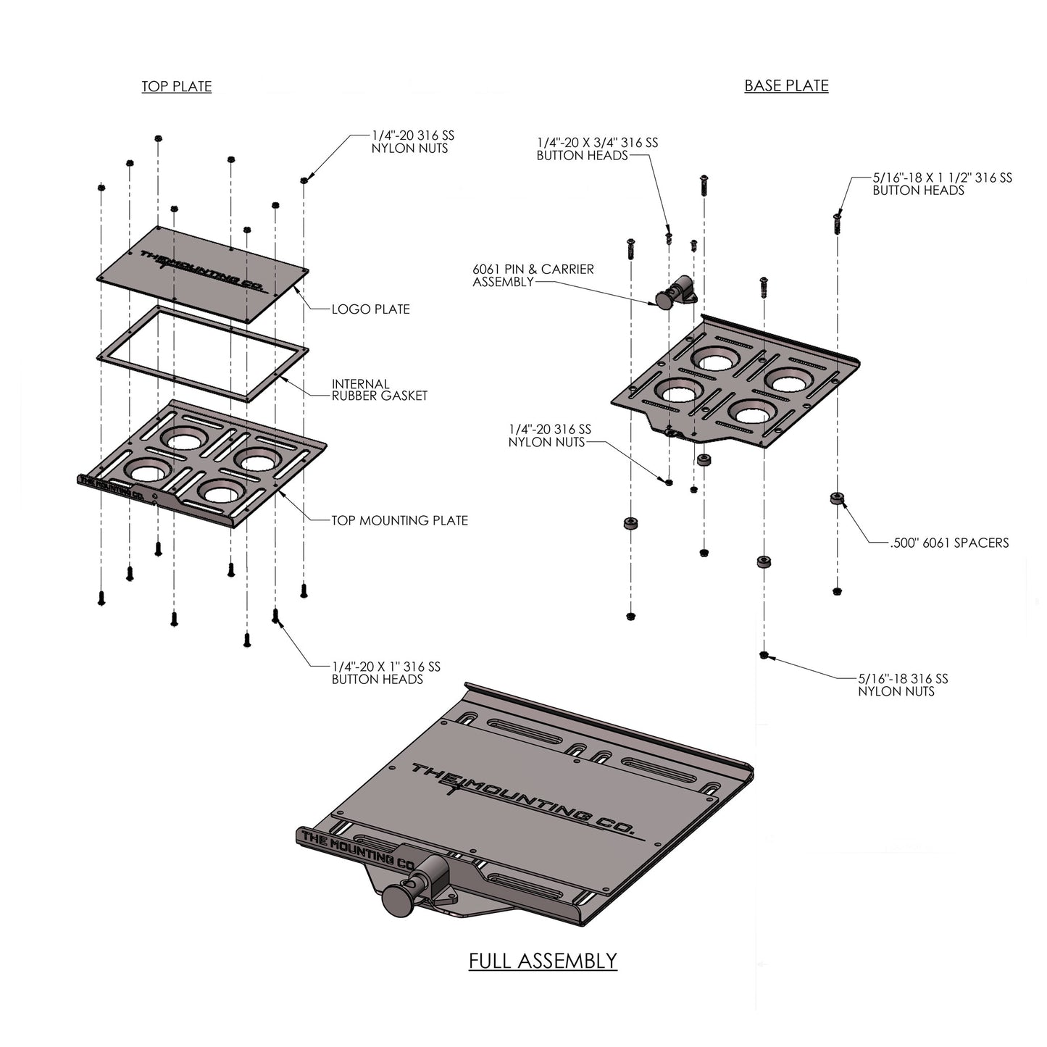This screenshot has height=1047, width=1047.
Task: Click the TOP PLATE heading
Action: [x=176, y=87]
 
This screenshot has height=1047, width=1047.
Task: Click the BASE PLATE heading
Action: [x=786, y=85]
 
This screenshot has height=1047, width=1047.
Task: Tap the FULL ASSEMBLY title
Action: [x=543, y=961]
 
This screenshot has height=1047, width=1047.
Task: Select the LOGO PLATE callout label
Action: [x=370, y=309]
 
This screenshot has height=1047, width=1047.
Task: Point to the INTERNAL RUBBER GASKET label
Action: [x=379, y=390]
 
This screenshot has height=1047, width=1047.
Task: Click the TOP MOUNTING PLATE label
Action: [x=399, y=520]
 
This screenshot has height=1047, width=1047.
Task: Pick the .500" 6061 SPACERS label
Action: [x=949, y=542]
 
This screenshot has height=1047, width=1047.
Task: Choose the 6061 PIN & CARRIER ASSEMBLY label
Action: [x=533, y=275]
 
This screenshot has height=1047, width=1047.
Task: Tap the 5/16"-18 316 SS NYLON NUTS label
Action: [x=903, y=685]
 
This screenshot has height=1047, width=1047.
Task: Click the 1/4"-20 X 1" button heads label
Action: [x=385, y=672]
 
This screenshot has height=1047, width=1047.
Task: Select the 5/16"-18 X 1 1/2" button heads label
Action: [x=942, y=184]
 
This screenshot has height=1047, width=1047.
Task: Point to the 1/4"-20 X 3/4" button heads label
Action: [x=597, y=149]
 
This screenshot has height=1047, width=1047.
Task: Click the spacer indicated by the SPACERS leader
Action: [x=837, y=499]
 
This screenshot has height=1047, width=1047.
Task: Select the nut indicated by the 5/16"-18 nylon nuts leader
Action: [x=764, y=655]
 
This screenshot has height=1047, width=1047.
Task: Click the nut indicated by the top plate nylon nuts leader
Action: [x=304, y=180]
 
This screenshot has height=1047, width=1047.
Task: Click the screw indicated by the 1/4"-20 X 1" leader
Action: [x=275, y=616]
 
